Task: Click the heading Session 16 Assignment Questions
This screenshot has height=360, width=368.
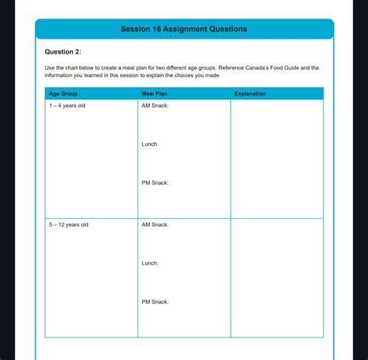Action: [x=184, y=29]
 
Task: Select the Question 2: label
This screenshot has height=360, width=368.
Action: [x=63, y=52]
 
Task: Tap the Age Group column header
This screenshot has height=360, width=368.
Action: [x=64, y=94]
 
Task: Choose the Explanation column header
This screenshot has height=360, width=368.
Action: [x=250, y=94]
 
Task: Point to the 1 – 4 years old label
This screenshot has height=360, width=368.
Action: [x=68, y=106]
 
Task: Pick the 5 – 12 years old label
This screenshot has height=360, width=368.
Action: [x=68, y=224]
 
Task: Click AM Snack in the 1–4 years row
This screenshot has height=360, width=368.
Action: [x=154, y=106]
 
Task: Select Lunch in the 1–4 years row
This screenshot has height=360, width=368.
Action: [x=150, y=144]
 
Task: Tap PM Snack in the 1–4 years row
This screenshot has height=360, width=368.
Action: [x=154, y=183]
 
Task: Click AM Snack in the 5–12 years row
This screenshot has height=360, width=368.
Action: [x=154, y=224]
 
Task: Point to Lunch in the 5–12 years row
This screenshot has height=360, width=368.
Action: [x=150, y=263]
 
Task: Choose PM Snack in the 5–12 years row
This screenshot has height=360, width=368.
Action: [x=154, y=302]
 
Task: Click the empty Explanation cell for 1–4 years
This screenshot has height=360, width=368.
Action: [x=276, y=159]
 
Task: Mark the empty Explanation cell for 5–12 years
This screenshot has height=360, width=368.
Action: [x=276, y=278]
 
